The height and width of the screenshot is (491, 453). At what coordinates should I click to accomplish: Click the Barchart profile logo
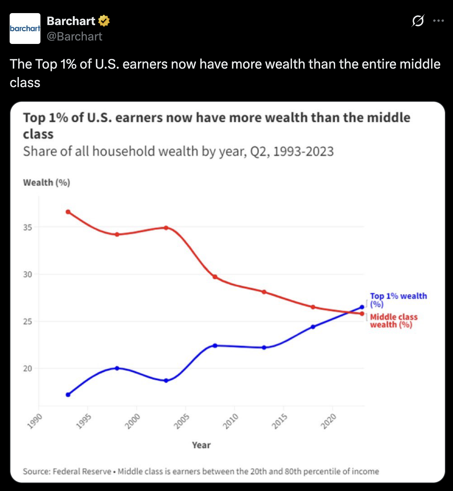pos(25,29)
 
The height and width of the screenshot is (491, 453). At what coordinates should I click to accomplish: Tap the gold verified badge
pos(104,21)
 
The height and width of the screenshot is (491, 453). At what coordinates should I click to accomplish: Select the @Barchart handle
pos(74,37)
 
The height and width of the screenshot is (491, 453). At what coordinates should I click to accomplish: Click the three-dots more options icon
pos(438,21)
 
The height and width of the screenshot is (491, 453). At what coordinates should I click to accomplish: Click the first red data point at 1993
pos(68,212)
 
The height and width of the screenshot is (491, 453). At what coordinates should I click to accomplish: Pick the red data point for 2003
pos(166,228)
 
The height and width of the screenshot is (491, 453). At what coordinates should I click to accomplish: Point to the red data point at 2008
pos(215,277)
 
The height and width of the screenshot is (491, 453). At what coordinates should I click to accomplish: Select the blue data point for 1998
pos(117,368)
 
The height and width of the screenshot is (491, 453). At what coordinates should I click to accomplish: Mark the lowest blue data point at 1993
pos(68,395)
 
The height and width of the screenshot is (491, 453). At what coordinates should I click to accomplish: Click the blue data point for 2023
pos(362,307)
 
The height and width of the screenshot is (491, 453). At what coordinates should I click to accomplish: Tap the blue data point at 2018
pos(313,327)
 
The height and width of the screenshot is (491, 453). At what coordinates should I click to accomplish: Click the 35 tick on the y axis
pos(27,227)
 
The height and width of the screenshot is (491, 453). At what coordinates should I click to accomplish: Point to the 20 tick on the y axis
pos(27,368)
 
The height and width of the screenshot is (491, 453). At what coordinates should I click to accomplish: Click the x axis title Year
pos(201,445)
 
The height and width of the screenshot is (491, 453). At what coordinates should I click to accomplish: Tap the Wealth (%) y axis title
pos(47,183)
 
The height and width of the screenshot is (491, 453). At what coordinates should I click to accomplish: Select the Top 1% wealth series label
pos(398,300)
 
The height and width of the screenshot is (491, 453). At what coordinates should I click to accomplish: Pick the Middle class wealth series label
pos(393,321)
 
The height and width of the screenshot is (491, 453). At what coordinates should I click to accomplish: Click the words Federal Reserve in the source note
pos(82,471)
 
